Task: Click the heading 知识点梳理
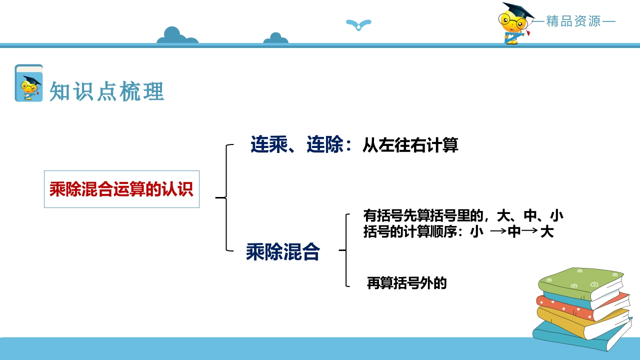pos(107,91)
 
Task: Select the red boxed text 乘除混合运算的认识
pos(121,189)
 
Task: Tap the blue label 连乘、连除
pos(297,144)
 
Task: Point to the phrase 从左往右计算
pos(410,145)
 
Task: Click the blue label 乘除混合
pos(283,251)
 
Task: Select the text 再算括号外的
pos(406,283)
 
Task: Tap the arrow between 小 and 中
pos(498,231)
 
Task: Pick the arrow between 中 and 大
pos(529,230)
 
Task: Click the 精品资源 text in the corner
pos(573,21)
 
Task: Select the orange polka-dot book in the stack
pos(583,306)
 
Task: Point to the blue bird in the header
pos(358,24)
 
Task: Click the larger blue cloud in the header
pos(177,35)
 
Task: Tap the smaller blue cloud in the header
pos(275,38)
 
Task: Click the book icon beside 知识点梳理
pos(29,83)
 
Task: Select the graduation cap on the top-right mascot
pos(518,11)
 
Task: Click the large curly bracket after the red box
pos(225,197)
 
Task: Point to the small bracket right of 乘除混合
pos(345,250)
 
